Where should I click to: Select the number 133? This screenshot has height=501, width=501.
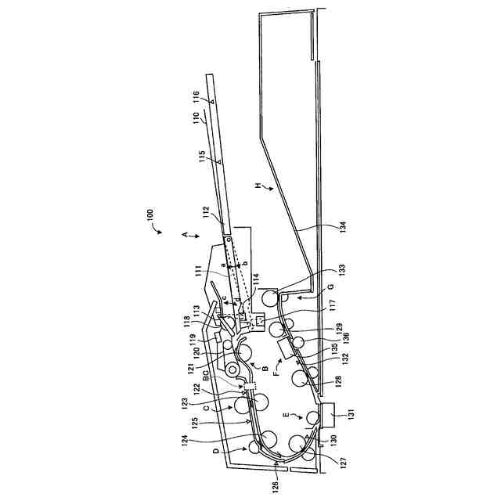pos(341,272)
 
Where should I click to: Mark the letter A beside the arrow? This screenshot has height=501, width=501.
pos(185,234)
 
